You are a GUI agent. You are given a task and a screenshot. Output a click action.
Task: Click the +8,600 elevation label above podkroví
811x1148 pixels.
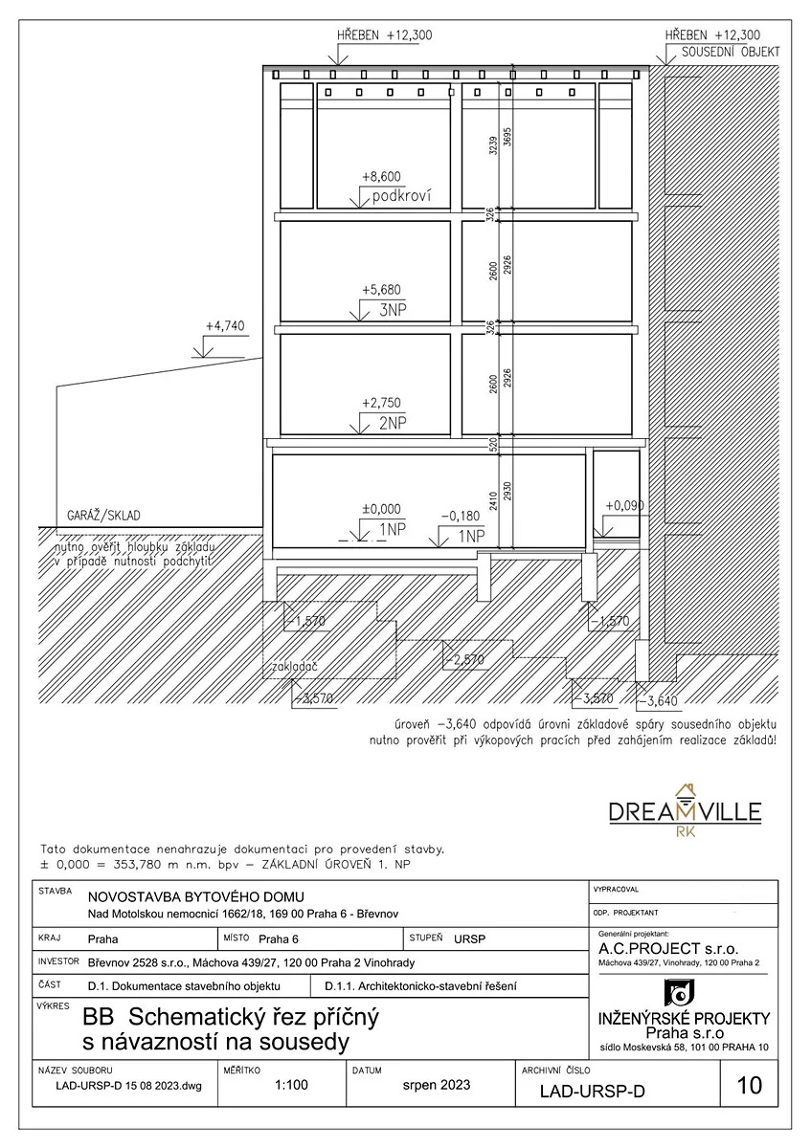(x=381, y=177)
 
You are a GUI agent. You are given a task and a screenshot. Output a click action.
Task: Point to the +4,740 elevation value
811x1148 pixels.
(x=225, y=326)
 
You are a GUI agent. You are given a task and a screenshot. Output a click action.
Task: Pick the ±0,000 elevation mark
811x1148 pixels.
(x=381, y=510)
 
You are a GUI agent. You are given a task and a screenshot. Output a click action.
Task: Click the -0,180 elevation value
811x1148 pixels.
(x=461, y=517)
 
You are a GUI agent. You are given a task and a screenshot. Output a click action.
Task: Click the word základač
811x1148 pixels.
(x=294, y=665)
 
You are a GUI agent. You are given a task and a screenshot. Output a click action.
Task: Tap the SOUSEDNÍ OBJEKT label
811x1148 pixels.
(x=731, y=52)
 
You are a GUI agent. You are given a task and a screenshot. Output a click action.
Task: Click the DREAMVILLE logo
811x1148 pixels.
(x=686, y=811)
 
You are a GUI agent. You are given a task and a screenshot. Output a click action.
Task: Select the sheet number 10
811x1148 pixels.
(x=751, y=1085)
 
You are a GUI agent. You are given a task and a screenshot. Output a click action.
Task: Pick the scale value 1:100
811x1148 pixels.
(x=290, y=1086)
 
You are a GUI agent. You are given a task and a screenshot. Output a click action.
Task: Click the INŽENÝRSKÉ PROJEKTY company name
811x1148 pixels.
(x=681, y=1015)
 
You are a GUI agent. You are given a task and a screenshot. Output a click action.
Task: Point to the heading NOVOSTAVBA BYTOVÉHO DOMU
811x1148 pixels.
(x=195, y=896)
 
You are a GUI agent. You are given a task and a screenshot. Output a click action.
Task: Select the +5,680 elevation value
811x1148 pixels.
(x=381, y=290)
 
